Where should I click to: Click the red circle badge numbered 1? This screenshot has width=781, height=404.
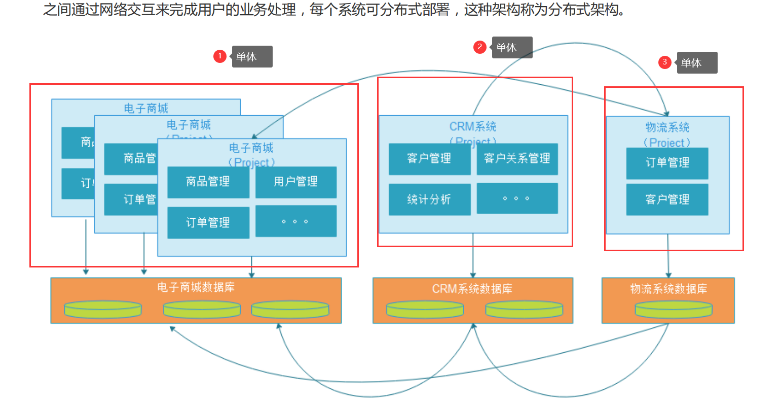(x=219, y=56)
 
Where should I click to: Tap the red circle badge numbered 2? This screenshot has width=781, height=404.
(x=479, y=47)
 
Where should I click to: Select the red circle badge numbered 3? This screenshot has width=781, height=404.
(x=664, y=62)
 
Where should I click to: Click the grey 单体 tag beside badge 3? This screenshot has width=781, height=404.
(x=697, y=62)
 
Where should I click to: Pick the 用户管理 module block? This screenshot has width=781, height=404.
(x=295, y=182)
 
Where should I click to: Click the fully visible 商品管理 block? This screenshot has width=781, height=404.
(x=208, y=182)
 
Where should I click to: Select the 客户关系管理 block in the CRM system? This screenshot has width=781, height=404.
(x=517, y=159)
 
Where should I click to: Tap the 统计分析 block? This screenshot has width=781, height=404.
(x=429, y=199)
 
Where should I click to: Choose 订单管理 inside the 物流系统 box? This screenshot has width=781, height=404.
(x=667, y=163)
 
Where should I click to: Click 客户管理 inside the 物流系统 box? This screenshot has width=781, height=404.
(x=667, y=199)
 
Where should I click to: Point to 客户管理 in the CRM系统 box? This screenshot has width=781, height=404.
(x=429, y=159)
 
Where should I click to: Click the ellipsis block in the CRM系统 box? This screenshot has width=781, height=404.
(x=517, y=198)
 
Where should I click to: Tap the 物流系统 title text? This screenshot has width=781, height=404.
(x=667, y=127)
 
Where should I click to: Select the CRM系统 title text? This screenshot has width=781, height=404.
(x=473, y=126)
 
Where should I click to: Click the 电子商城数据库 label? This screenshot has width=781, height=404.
(x=196, y=287)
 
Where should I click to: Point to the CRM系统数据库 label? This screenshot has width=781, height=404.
(x=472, y=289)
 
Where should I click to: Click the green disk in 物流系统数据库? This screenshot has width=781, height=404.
(x=673, y=309)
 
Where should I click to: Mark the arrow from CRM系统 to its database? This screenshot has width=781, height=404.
(x=473, y=256)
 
